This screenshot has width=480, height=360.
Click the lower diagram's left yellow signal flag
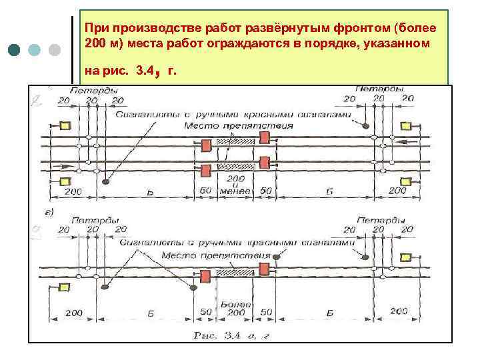click(x=65, y=287)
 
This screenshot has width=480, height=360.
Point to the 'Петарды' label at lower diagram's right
click(x=380, y=220)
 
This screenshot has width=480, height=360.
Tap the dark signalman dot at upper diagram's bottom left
click(x=107, y=179)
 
